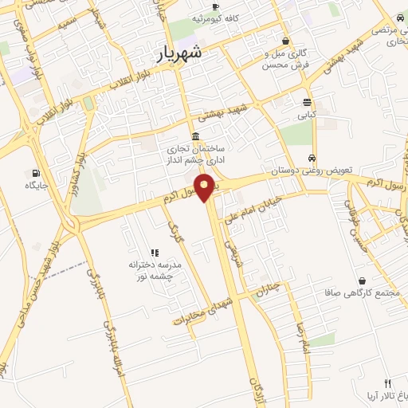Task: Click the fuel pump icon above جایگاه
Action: coord(36,173)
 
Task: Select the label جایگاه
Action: coord(37,186)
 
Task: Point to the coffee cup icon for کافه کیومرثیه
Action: coord(194,17)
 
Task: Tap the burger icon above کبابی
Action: coord(307,102)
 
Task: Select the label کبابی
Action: coord(307,115)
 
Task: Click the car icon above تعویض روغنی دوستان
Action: coord(311,159)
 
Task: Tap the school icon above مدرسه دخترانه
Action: coord(155,253)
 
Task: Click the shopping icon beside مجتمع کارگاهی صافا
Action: coord(363,281)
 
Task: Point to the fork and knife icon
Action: coord(387,384)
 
